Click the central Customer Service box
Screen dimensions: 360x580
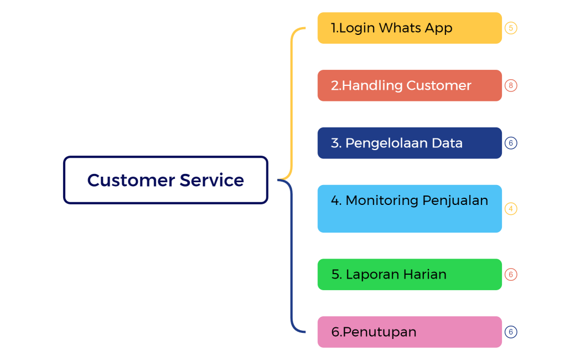pos(165,180)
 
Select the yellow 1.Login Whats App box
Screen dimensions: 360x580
pos(410,28)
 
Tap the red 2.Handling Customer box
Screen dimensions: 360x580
pos(410,85)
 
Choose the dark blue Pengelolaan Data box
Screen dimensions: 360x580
pos(410,143)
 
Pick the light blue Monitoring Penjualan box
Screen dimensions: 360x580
pos(410,209)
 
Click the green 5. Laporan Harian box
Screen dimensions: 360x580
pos(410,274)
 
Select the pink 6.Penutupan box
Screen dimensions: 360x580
pos(410,332)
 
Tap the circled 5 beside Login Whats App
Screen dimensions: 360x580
pos(511,28)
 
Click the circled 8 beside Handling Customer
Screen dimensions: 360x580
pos(511,85)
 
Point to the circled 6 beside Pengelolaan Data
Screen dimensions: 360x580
pos(511,143)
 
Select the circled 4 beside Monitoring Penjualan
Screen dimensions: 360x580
pos(511,209)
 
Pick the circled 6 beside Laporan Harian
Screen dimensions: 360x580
pos(511,274)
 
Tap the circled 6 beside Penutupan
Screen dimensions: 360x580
pos(511,332)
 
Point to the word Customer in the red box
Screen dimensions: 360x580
pos(439,85)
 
